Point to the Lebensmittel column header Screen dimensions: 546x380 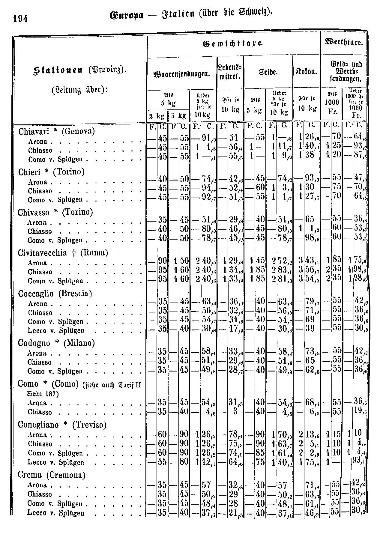230,73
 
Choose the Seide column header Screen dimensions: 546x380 268,73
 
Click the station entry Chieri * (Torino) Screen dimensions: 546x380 51,172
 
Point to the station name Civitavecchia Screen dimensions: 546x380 42,253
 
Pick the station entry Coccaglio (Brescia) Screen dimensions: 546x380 55,294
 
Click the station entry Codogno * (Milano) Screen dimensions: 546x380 56,343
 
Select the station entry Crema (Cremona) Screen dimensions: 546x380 51,475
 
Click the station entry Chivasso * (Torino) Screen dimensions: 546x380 55,213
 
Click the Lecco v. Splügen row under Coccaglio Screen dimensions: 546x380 56,331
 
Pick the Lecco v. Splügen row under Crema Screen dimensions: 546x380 56,513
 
